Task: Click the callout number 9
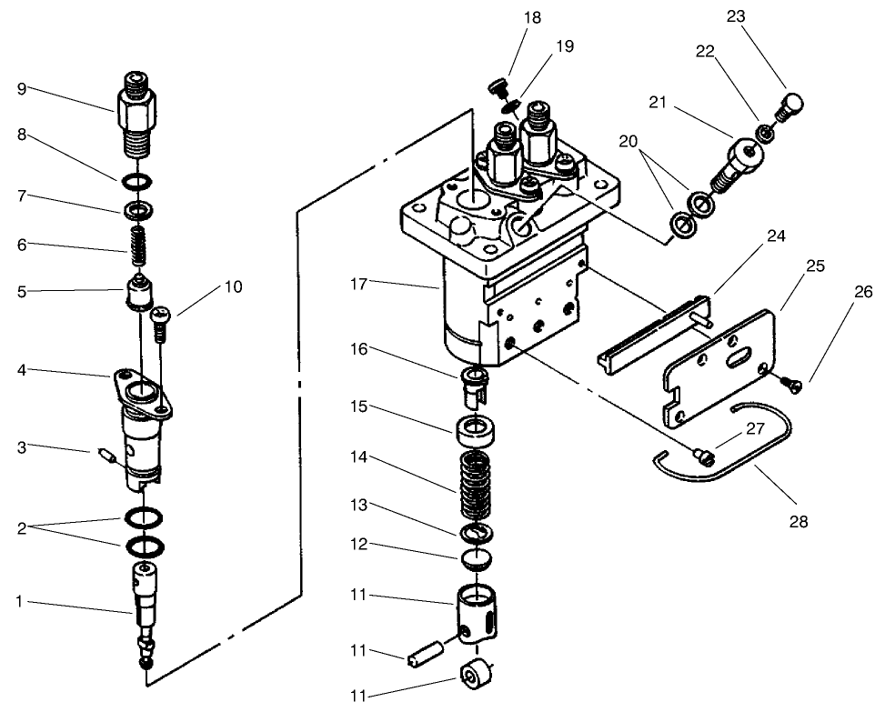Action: pos(21,88)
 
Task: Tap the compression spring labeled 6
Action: pos(137,241)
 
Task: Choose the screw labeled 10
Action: pos(163,320)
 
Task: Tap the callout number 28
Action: pos(799,522)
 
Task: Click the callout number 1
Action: pos(20,601)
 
